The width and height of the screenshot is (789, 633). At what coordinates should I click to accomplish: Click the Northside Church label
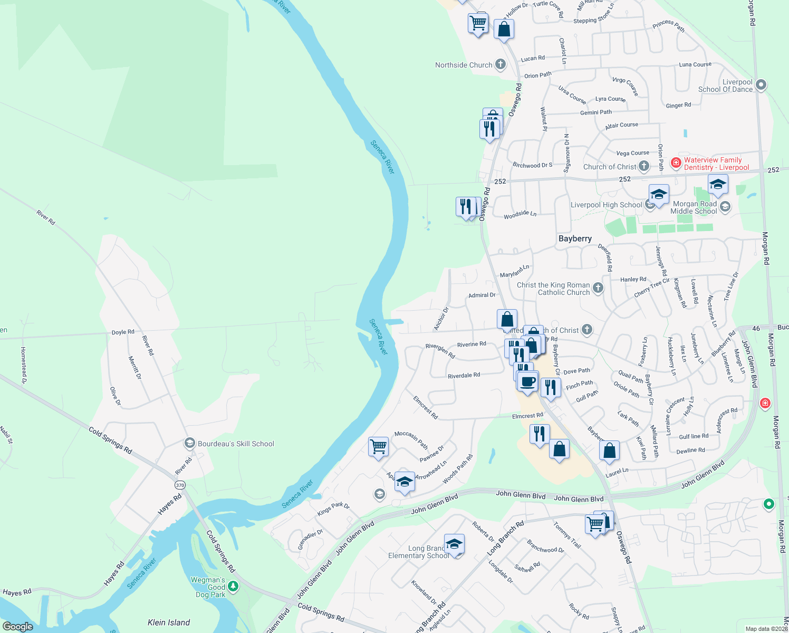pyautogui.click(x=464, y=65)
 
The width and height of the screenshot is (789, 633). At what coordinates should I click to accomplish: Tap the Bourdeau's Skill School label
pyautogui.click(x=236, y=444)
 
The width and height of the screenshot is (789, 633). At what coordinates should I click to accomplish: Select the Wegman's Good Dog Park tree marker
pyautogui.click(x=233, y=587)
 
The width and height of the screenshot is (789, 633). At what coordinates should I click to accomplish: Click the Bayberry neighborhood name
pyautogui.click(x=575, y=238)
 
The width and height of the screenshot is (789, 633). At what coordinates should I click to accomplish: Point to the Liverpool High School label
pyautogui.click(x=607, y=205)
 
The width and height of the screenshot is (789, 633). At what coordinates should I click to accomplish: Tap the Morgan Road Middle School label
pyautogui.click(x=694, y=207)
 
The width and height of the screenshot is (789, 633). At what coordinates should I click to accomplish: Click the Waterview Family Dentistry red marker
pyautogui.click(x=676, y=163)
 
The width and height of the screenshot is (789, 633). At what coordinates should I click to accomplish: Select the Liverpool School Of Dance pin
pyautogui.click(x=761, y=84)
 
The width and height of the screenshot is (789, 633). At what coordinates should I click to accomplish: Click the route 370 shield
pyautogui.click(x=180, y=485)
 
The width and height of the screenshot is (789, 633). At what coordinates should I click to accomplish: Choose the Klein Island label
pyautogui.click(x=169, y=622)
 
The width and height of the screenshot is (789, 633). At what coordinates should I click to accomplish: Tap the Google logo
pyautogui.click(x=18, y=627)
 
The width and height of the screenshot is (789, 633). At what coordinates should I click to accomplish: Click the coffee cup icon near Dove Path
pyautogui.click(x=527, y=381)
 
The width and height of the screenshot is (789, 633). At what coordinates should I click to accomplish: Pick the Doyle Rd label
pyautogui.click(x=123, y=332)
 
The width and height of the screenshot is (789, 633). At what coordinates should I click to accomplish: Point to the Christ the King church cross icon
pyautogui.click(x=598, y=287)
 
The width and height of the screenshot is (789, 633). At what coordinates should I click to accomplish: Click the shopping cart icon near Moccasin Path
pyautogui.click(x=379, y=446)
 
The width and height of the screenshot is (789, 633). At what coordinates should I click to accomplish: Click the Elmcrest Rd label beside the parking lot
pyautogui.click(x=527, y=416)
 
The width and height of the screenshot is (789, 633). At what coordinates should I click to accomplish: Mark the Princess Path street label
pyautogui.click(x=668, y=25)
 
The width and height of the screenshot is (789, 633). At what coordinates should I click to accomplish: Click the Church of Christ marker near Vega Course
pyautogui.click(x=644, y=166)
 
